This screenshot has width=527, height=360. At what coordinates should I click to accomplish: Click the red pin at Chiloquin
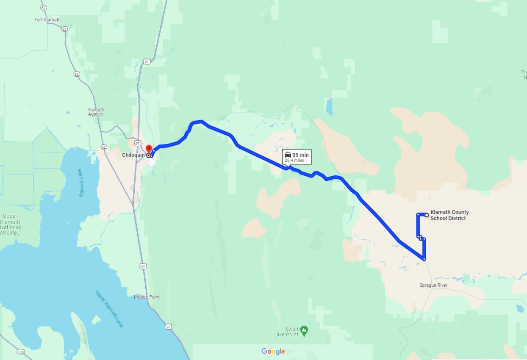pyautogui.click(x=149, y=149)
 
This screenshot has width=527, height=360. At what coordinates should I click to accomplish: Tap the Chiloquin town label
pyautogui.click(x=133, y=155)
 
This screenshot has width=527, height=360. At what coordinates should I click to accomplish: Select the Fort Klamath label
pyautogui.click(x=47, y=20)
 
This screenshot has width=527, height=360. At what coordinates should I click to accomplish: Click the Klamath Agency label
pyautogui.click(x=96, y=112)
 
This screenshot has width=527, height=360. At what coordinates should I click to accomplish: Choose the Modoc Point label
pyautogui.click(x=147, y=297)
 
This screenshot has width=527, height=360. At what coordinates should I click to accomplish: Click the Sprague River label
pyautogui.click(x=433, y=285)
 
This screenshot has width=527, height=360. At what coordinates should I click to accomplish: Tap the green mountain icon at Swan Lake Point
pyautogui.click(x=304, y=330)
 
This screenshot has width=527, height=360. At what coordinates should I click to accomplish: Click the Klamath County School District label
pyautogui.click(x=449, y=215)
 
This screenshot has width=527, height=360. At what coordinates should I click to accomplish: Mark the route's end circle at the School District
pyautogui.click(x=427, y=215)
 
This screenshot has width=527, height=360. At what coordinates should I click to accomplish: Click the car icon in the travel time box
pyautogui.click(x=288, y=155)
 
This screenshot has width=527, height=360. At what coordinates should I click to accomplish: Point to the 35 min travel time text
pyautogui.click(x=300, y=155)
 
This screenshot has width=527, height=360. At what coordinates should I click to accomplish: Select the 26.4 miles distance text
pyautogui.click(x=294, y=161)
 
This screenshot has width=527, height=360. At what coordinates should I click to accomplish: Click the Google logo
pyautogui.click(x=273, y=352)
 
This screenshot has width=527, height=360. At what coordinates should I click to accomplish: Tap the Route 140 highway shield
pyautogui.click(x=20, y=352)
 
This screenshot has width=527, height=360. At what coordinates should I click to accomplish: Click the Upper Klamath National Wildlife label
pyautogui.click(x=10, y=225)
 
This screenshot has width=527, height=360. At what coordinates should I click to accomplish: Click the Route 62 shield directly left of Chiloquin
pyautogui.click(x=104, y=147)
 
